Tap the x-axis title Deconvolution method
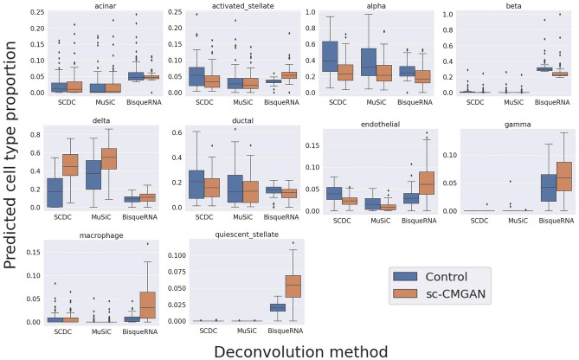click(x=288, y=350)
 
